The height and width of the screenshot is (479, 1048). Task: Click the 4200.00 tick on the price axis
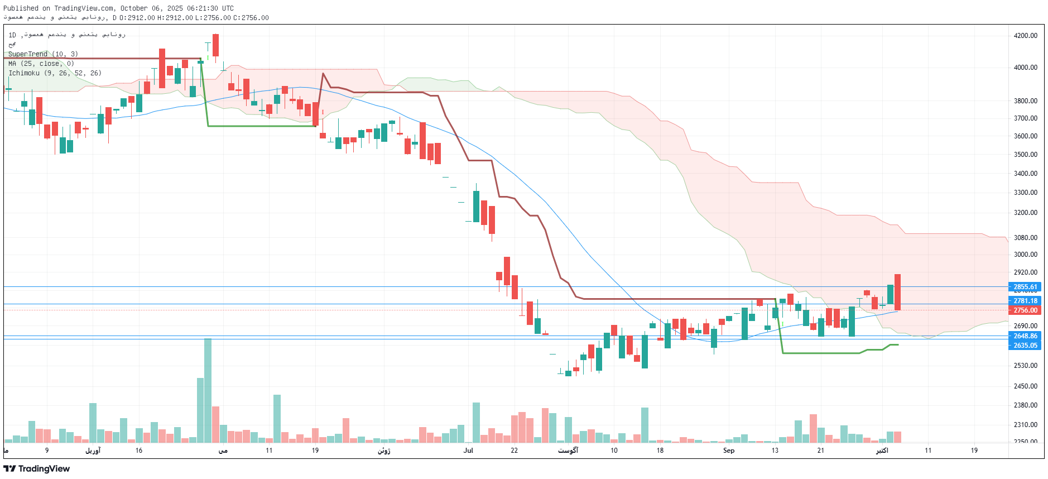[x=1025, y=36]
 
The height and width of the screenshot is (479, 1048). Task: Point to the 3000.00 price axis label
[x=1025, y=255]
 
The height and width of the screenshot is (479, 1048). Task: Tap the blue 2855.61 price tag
[x=1025, y=287]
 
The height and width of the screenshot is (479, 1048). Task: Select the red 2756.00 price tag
[x=1025, y=310]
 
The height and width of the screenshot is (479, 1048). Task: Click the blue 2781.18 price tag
[x=1025, y=301]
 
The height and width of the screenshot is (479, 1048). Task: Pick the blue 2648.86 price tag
[x=1025, y=336]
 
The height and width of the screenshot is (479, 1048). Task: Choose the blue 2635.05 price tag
[x=1025, y=346]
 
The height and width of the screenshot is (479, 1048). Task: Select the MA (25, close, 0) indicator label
[x=41, y=64]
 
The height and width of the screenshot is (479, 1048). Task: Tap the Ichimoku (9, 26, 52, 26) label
[x=55, y=73]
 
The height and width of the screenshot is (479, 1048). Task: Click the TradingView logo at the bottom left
[x=37, y=469]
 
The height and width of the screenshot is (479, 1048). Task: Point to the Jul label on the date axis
[x=468, y=451]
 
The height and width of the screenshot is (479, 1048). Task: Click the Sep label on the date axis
[x=729, y=451]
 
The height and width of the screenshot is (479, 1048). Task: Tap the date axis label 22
[x=514, y=451]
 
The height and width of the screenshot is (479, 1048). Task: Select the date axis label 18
[x=660, y=451]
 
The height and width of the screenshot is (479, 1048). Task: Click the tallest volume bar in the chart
[x=208, y=390]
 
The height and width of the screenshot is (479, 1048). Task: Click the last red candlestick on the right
[x=897, y=292]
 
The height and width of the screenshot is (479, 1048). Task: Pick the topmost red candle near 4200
[x=215, y=45]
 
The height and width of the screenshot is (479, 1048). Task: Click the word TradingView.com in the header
[x=85, y=8]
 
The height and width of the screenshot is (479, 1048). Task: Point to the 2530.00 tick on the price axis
[x=1025, y=366]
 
